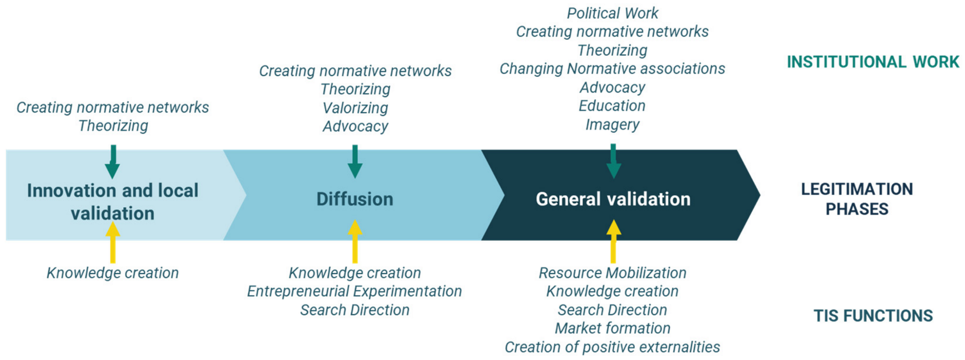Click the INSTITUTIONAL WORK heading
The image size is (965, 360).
tap(872, 62)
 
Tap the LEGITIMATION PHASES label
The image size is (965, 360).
tap(857, 199)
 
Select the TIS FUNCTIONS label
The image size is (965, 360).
tap(873, 316)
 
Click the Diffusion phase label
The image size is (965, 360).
tap(355, 199)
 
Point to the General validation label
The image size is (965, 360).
tap(613, 199)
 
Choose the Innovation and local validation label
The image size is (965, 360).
tap(113, 202)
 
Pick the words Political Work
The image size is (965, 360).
tap(612, 13)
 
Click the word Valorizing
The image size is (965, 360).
tap(355, 108)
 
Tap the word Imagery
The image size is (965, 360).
tap(612, 124)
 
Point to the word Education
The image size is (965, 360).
tap(612, 106)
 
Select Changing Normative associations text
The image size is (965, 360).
tap(612, 68)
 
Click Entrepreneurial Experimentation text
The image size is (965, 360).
tap(354, 291)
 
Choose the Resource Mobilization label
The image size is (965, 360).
tap(612, 273)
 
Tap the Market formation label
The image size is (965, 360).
tap(612, 328)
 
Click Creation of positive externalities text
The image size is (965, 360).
tap(612, 347)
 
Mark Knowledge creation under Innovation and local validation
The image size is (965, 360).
tap(113, 273)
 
